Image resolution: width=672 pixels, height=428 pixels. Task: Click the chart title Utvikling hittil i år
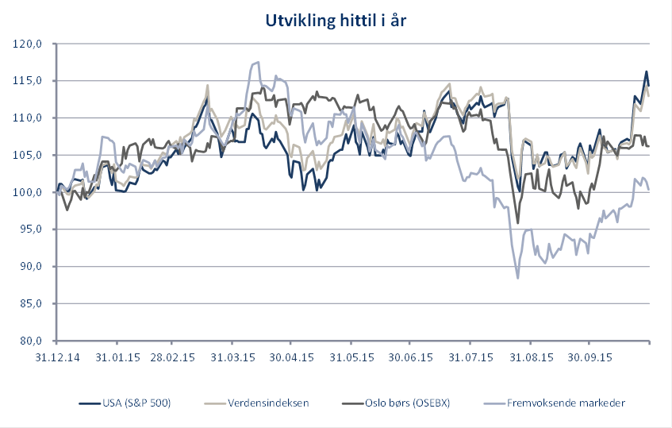336,21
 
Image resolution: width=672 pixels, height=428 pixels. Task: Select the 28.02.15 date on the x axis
173,357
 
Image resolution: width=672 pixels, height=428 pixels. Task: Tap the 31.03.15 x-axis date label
232,357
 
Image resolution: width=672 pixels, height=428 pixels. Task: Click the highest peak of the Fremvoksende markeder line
257,62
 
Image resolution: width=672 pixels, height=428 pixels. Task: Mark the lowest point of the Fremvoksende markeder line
518,278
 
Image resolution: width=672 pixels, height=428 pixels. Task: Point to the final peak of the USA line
647,71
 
